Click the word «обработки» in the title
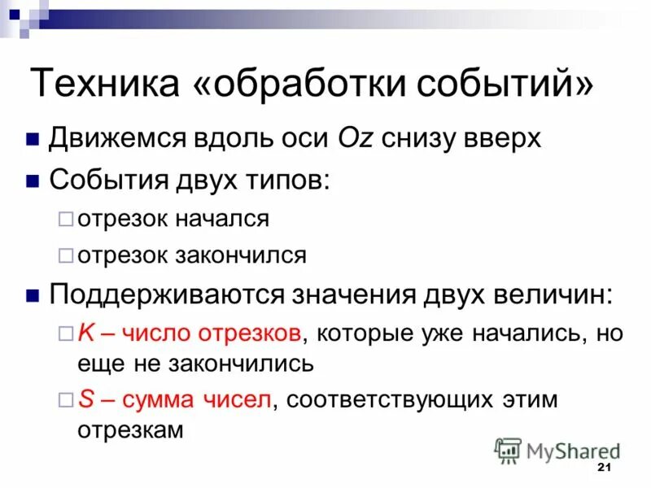coord(310,85)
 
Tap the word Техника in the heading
coord(105,85)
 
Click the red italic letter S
coord(85,399)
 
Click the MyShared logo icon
coord(509,450)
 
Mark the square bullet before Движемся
coord(33,140)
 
